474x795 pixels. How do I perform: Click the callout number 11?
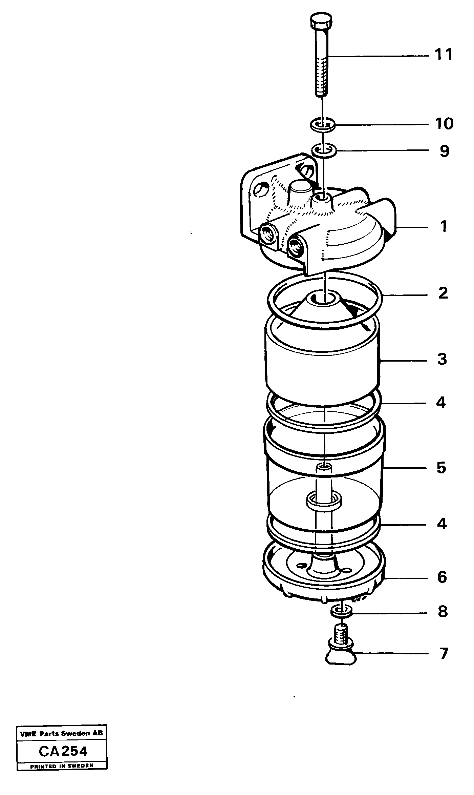(x=444, y=55)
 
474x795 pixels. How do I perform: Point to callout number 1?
(x=444, y=226)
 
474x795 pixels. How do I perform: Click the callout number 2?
(x=443, y=293)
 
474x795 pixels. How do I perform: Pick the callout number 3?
(x=442, y=359)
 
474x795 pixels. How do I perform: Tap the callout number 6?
(x=442, y=577)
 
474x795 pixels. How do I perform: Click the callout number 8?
(x=443, y=612)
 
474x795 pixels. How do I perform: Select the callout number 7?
(x=444, y=654)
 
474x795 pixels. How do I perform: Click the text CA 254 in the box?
(x=63, y=752)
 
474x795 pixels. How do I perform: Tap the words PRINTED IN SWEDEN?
(x=62, y=766)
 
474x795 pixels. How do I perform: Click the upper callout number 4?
(x=441, y=403)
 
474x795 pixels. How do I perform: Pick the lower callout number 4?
(x=442, y=524)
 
